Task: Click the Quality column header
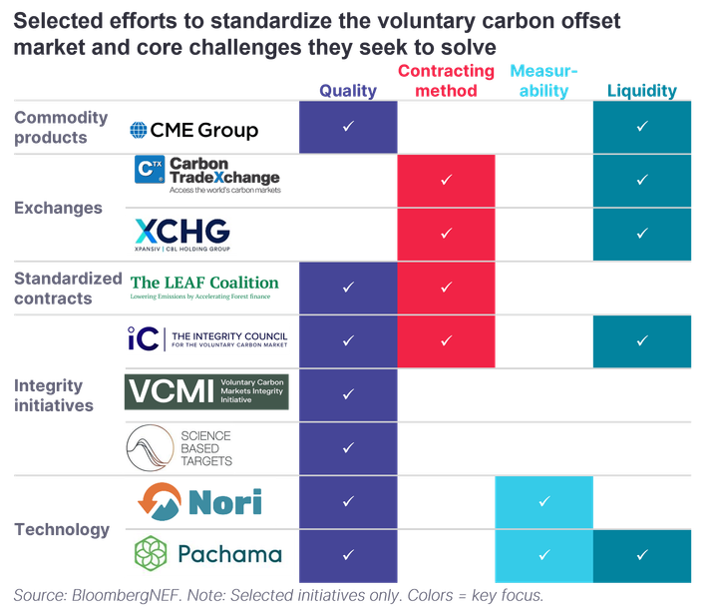coord(348,90)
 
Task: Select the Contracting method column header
coord(446,81)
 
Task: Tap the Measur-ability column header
coord(544,81)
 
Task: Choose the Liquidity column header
coord(642,90)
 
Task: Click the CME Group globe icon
coord(139,130)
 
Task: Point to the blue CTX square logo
coord(150,169)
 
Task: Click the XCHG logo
coord(182,235)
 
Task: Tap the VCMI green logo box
coord(206,391)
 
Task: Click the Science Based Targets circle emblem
coord(151,448)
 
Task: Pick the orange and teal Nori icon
coord(160,501)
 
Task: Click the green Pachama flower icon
coord(151,553)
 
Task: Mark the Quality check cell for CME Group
coord(348,127)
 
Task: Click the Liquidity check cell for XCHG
coord(642,235)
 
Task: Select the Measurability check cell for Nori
coord(544,502)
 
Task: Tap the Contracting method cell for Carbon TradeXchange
coord(446,181)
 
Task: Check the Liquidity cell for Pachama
coord(642,556)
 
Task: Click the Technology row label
coord(62,529)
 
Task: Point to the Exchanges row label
coord(58,208)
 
